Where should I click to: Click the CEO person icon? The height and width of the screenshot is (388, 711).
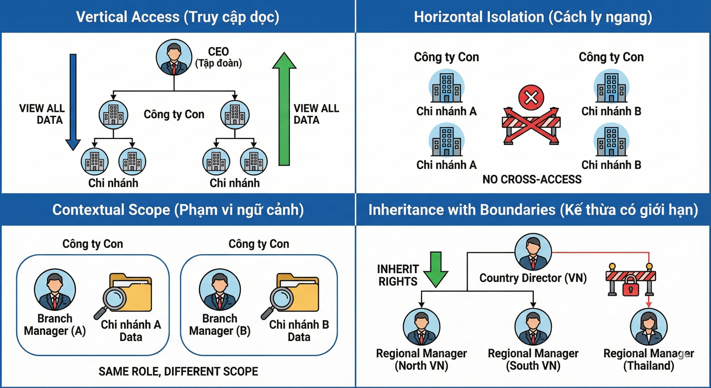point(174,57)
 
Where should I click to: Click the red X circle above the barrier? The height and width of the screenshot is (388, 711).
point(531,97)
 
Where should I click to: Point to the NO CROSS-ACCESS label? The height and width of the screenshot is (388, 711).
point(532,179)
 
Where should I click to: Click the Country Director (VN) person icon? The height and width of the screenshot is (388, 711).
point(533,252)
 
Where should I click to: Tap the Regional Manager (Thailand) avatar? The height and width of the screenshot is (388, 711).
point(648,327)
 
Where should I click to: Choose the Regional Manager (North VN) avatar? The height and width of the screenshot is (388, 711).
point(421,327)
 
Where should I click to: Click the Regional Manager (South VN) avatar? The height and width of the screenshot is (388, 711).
point(533,327)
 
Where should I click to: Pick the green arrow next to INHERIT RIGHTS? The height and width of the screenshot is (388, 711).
point(436,269)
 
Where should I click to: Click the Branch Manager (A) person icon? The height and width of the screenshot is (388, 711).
point(55,289)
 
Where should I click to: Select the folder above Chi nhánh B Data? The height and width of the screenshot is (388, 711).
point(298,292)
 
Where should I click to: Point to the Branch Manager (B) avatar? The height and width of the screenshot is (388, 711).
point(220,289)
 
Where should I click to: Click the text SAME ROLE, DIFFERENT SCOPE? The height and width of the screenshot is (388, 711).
point(178,371)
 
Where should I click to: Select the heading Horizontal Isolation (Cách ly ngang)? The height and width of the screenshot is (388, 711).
point(533,17)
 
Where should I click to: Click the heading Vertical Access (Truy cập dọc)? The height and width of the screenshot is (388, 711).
point(177,17)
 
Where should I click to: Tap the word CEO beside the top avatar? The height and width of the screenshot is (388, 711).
point(218,52)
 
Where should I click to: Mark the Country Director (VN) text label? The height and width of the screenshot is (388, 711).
point(533,278)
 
